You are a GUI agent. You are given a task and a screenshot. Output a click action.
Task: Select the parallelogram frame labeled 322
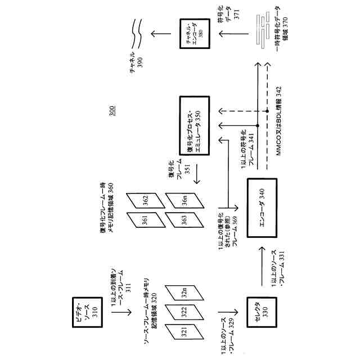pos(183,309)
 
